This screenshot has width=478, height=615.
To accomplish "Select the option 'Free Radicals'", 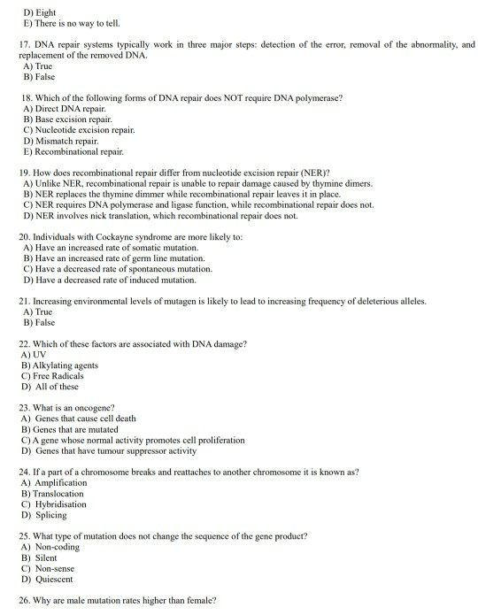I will pos(62,375).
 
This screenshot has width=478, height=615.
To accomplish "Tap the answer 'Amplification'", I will pos(61,482).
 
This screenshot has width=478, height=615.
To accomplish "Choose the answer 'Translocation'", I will pos(61,493).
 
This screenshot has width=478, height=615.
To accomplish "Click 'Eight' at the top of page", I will pos(43,11).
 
